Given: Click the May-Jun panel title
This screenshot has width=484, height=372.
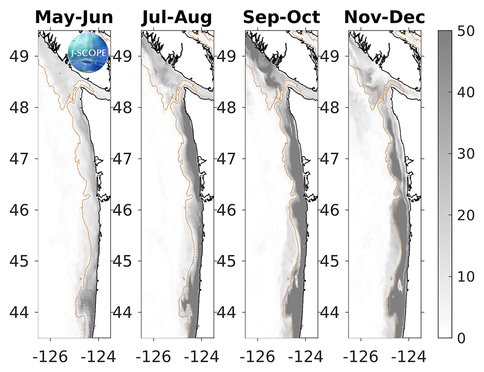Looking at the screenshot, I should click(x=74, y=17).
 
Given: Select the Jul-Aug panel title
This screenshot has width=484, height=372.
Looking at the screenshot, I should click(x=177, y=17).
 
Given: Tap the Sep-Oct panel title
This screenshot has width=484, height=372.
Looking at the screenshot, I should click(x=281, y=17).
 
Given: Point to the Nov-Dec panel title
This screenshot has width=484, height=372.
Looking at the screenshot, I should click(x=385, y=17).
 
